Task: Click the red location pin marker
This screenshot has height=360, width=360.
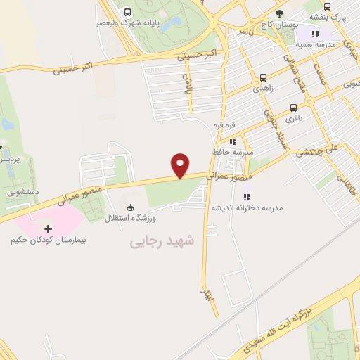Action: click(x=181, y=165)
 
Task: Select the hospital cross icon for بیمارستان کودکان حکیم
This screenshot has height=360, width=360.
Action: click(x=49, y=229)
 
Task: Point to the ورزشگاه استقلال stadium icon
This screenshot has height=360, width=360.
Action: click(x=129, y=207)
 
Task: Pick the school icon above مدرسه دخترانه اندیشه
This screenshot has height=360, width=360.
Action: click(x=246, y=196)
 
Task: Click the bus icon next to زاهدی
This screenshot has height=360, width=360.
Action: click(x=263, y=78)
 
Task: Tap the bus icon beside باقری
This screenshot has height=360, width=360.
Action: click(x=292, y=108)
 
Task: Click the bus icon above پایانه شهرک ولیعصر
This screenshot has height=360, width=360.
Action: click(x=127, y=12)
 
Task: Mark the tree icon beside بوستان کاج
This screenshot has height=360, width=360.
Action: click(x=280, y=13)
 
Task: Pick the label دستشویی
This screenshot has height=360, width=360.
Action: click(x=19, y=191)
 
